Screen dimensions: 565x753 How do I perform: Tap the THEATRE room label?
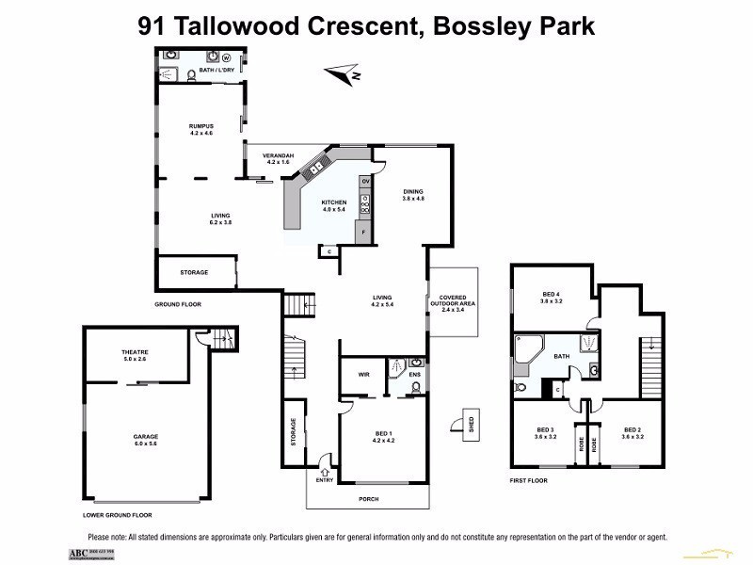136,355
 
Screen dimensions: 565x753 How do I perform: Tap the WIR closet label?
363,374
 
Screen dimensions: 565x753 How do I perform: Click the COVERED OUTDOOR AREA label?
454,302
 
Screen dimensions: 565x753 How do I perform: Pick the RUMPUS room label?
201,128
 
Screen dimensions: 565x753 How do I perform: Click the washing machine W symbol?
226,56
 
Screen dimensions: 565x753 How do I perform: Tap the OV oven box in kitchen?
366,180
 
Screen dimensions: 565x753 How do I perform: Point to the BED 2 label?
632,432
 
